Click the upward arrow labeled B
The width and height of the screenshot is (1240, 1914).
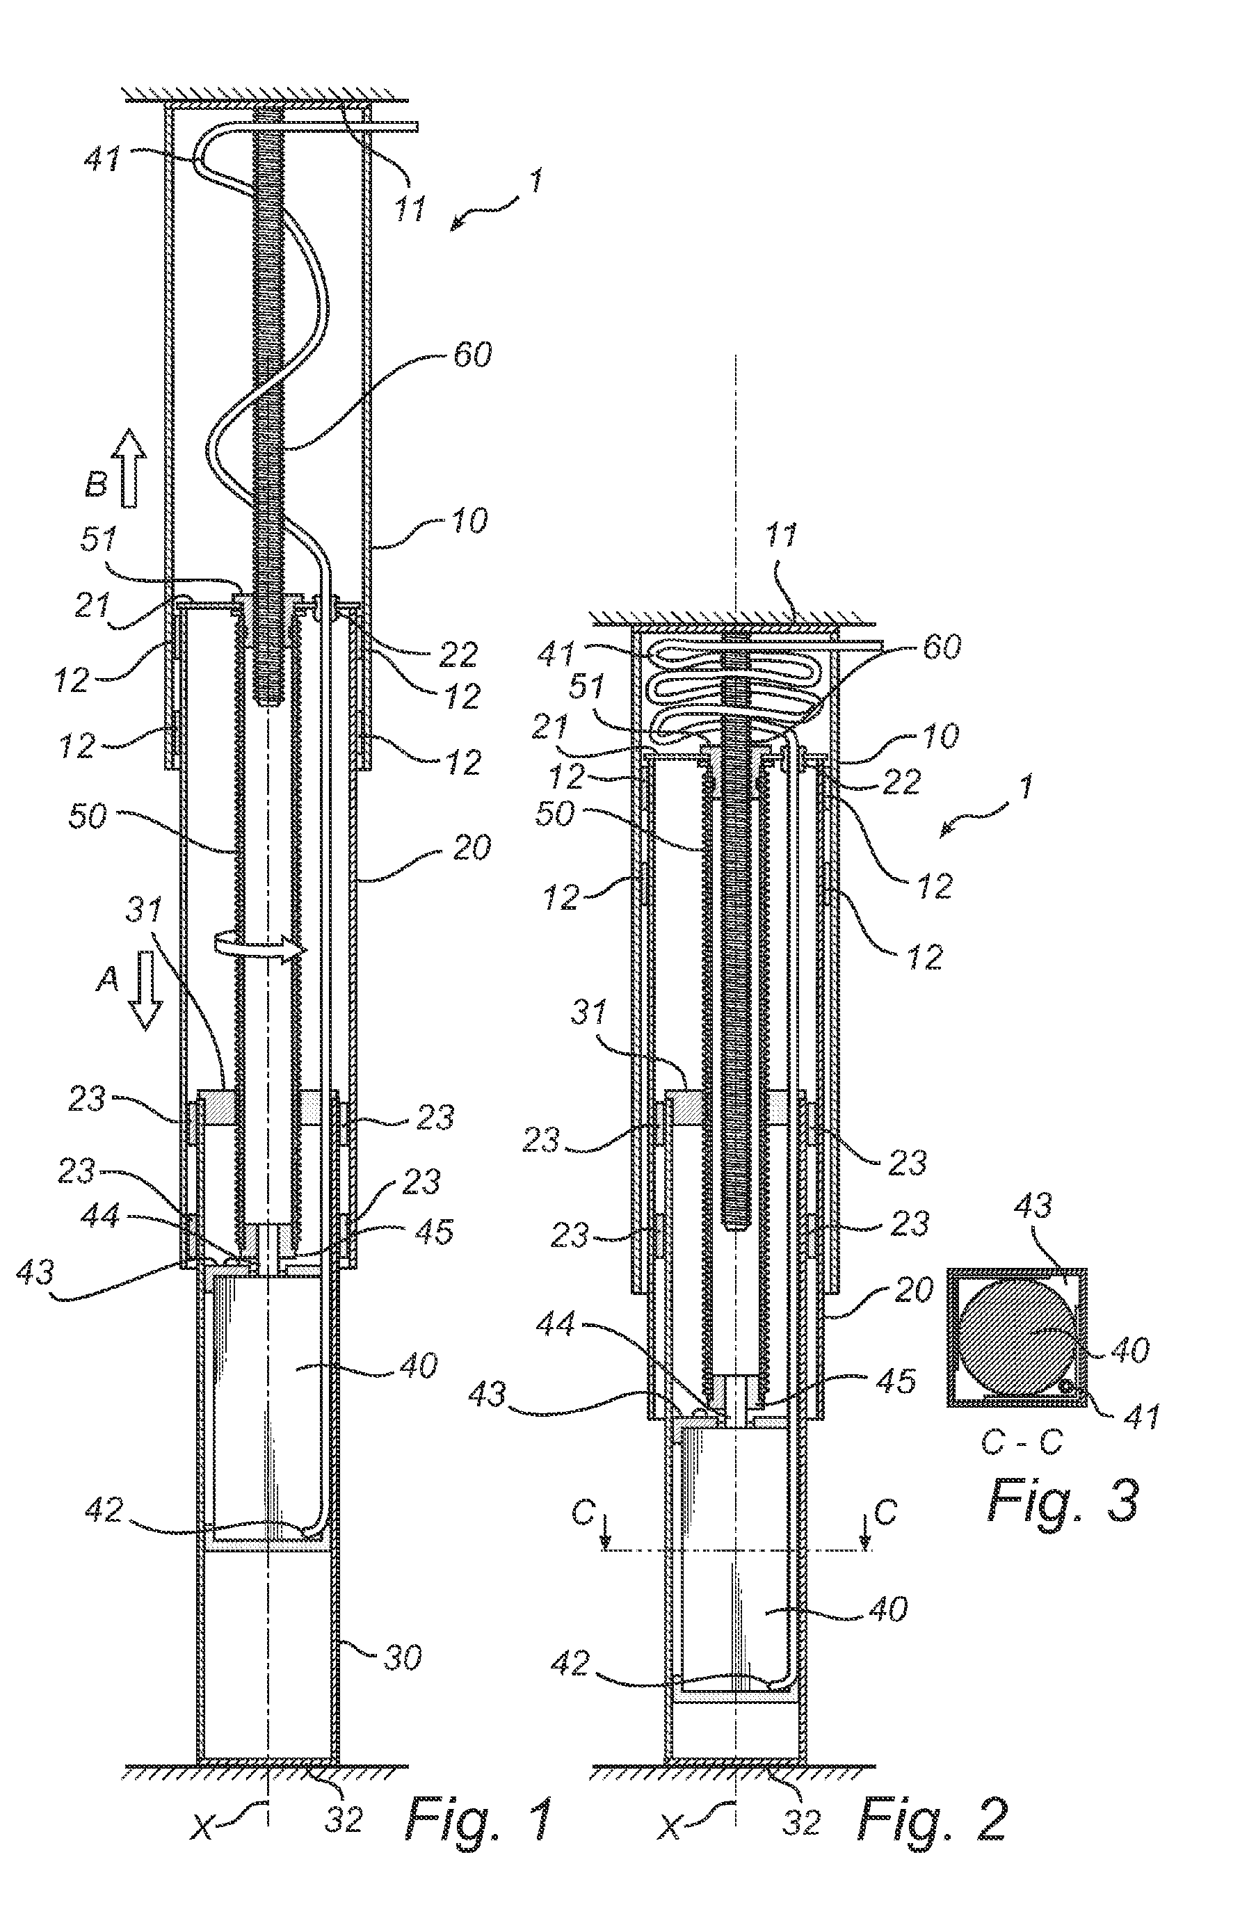click(129, 468)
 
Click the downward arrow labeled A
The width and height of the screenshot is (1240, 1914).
click(145, 989)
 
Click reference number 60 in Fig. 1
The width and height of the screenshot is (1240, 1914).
click(472, 354)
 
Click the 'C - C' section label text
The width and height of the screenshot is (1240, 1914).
click(1021, 1442)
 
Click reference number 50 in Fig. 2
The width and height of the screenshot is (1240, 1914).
click(554, 813)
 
